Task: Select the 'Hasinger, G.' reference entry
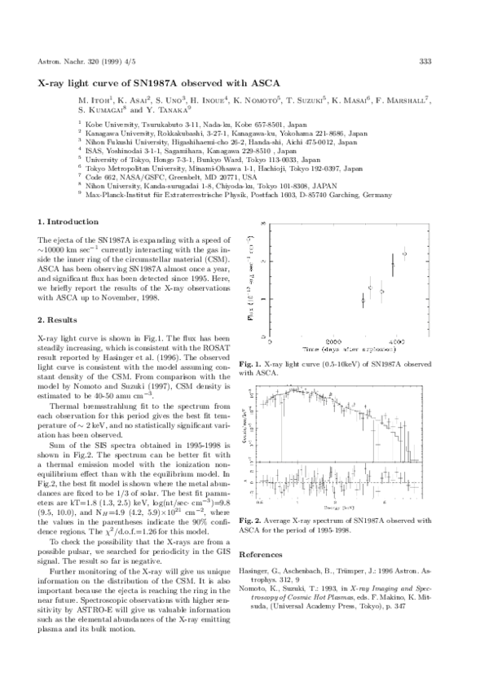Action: [343, 579]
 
